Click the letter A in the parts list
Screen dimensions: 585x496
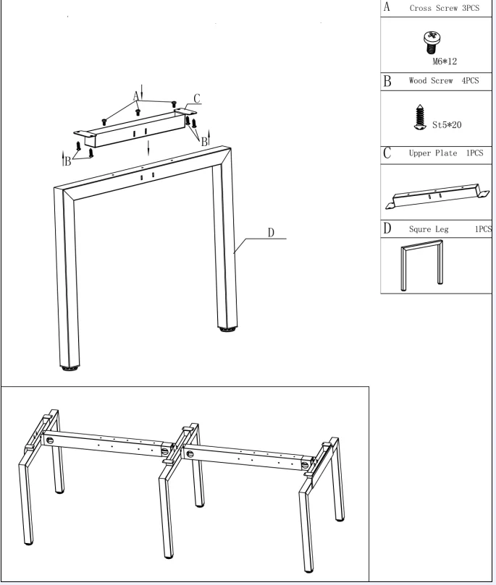click(386, 8)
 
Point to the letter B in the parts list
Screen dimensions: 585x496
click(386, 81)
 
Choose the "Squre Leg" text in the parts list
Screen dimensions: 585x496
click(429, 229)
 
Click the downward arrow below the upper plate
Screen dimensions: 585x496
click(148, 148)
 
